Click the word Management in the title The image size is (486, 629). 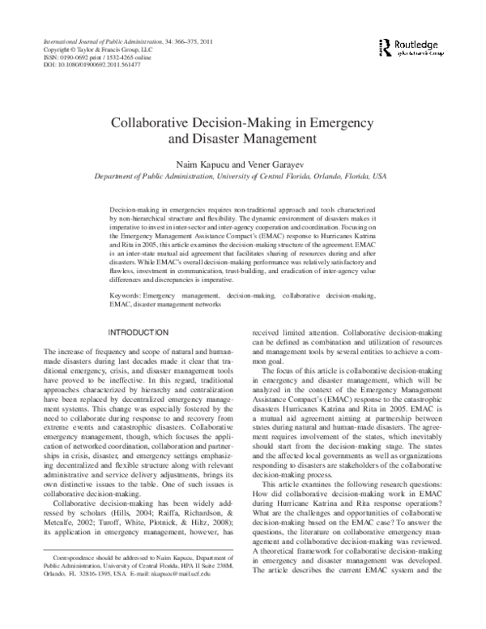click(284, 142)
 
